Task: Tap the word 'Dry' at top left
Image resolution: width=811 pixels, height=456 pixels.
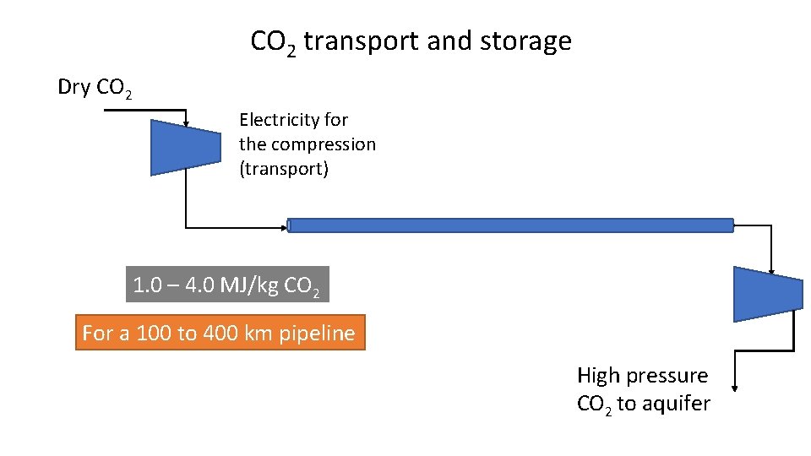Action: (73, 87)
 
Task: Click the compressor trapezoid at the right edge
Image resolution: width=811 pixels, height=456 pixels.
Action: (767, 294)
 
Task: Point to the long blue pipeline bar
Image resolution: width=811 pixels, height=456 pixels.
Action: (510, 225)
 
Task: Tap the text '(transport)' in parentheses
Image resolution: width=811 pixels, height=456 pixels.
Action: (284, 169)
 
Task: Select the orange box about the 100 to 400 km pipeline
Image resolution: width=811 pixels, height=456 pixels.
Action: (220, 333)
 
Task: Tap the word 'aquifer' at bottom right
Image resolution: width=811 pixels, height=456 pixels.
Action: (676, 404)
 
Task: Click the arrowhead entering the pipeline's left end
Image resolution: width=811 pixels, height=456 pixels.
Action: (284, 226)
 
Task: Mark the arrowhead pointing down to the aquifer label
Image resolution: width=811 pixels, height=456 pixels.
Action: (735, 388)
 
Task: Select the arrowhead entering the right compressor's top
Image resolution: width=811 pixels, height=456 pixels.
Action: (771, 263)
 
